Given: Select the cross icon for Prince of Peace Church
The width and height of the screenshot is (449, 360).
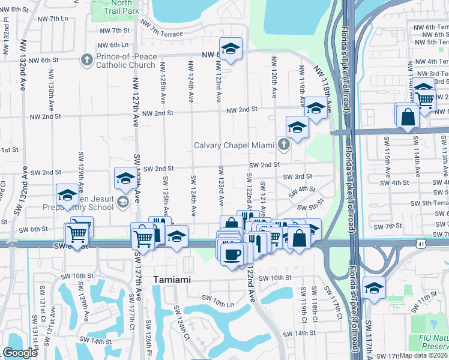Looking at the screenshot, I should point(87,59).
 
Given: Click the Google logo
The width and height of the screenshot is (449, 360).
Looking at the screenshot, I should point(20,353).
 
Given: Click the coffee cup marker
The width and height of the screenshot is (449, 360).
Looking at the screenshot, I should point(231,254).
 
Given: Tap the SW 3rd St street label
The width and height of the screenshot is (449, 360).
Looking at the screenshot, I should point(298,176).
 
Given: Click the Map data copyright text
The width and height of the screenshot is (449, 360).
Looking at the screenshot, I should point(424,355).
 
